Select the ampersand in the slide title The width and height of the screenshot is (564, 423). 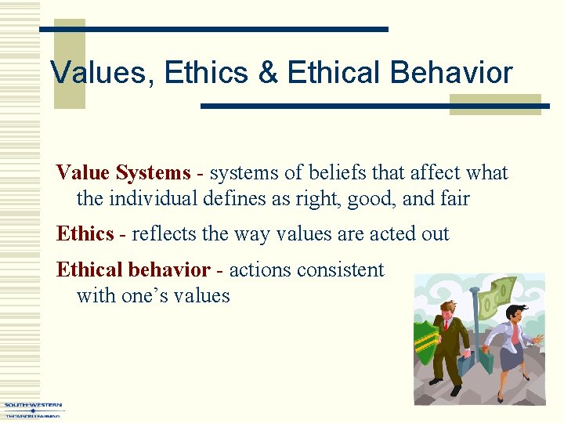(268, 73)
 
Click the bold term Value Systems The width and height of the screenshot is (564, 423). (123, 172)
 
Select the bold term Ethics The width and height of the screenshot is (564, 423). (85, 233)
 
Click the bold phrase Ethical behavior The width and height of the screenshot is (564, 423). (133, 270)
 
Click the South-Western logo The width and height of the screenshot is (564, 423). (33, 409)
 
